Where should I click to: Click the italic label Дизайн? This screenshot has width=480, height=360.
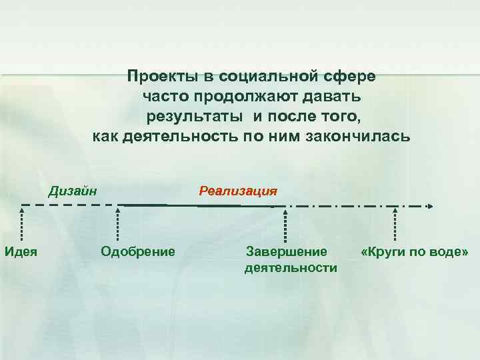pyautogui.click(x=73, y=190)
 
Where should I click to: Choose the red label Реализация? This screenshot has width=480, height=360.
pyautogui.click(x=238, y=191)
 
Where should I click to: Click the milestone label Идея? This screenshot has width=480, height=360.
pyautogui.click(x=21, y=251)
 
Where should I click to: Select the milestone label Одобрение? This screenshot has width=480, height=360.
pyautogui.click(x=137, y=251)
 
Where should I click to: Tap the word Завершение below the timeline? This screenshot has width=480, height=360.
pyautogui.click(x=287, y=251)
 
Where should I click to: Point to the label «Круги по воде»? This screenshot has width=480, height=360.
pyautogui.click(x=415, y=251)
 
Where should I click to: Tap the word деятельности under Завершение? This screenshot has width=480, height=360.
pyautogui.click(x=291, y=268)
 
